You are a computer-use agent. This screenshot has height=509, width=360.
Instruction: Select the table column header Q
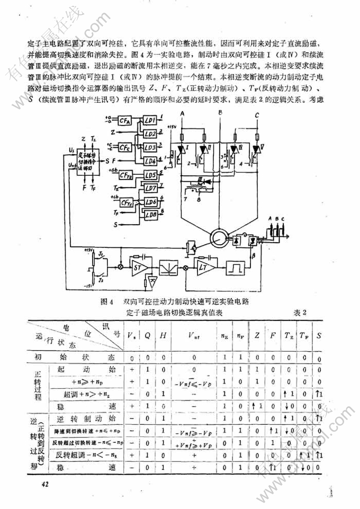pos(148,336)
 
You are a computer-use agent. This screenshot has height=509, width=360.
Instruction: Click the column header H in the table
pos(164,336)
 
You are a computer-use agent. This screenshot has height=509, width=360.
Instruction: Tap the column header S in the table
pos(319,336)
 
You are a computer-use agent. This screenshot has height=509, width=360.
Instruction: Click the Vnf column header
pos(194,336)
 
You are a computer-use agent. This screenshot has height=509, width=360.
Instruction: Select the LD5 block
pos(150,174)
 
